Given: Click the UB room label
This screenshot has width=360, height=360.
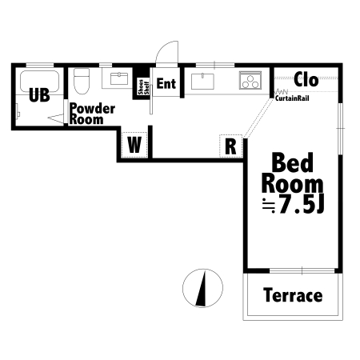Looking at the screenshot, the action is coord(39,95).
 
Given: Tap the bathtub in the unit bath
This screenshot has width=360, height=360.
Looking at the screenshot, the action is coord(39,81).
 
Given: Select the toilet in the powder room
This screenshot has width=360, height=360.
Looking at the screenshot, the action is coord(82,82).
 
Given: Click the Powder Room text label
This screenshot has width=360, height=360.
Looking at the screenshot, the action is coord(92,114).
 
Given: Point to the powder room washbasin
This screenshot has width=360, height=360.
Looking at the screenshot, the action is coord(119,78).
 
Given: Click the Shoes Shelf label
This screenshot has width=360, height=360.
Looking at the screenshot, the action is coord(143,87).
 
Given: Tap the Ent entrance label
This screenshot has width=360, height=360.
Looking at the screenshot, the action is coord(166,83).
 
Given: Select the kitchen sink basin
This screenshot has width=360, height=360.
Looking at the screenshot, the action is coord(202,81).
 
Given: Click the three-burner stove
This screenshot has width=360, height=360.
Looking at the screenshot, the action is coord(250,80).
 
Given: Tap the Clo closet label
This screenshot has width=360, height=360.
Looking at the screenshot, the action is coord(306,79).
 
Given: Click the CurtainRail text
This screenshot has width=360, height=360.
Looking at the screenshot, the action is coord(292,98).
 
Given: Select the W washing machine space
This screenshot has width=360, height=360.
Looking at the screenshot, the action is coord(134,145).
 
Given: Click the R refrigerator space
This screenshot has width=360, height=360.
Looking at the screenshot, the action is coord(230,146).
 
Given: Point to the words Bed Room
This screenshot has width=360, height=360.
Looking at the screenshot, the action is coord(293,173).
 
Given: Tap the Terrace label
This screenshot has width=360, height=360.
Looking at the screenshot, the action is coord(293,295).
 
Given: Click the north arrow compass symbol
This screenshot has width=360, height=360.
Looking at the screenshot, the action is coord(202,288).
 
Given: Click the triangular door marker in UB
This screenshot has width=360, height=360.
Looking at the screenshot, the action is coord(56,118).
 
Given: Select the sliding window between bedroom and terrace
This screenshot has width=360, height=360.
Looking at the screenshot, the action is coord(302,270).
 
